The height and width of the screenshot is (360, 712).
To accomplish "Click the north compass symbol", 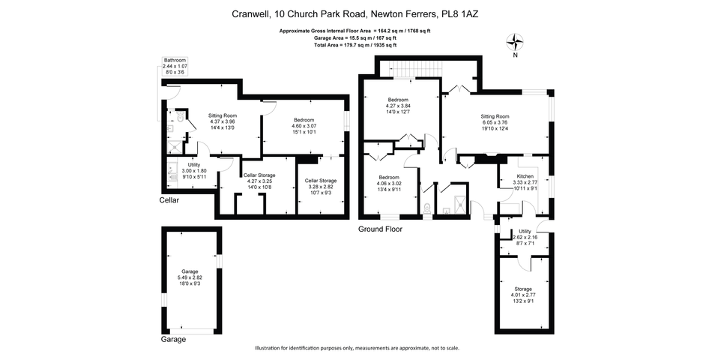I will point(515,43).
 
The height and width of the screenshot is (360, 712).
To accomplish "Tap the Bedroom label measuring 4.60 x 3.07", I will point(304,126).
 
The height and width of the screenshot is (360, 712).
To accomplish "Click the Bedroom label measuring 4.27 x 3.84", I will point(398,106).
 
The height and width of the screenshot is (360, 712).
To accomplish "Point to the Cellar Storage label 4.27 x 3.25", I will point(261,181).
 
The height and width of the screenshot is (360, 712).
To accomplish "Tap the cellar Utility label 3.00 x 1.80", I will point(193,170).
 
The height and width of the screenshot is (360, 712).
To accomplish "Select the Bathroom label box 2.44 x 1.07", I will point(175,66).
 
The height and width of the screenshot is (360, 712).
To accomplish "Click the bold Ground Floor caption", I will point(380,229).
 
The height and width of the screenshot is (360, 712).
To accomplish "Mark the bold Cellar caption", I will point(169,200).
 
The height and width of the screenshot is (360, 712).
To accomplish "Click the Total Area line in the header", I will point(355,45).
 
